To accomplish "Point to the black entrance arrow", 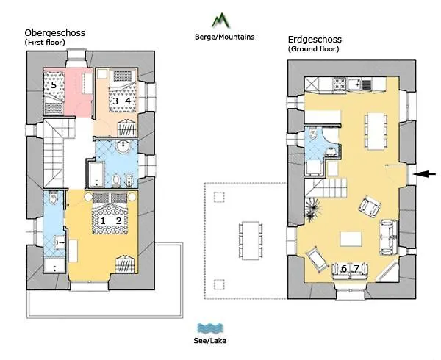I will (x=424, y=174).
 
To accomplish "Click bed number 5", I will (x=54, y=85).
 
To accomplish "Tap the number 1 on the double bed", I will (x=104, y=220).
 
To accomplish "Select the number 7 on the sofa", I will (x=356, y=269).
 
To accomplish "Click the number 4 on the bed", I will (x=127, y=101).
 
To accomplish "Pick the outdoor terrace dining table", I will (x=251, y=240).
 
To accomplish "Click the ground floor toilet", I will (x=313, y=137).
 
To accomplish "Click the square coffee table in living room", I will (x=351, y=238).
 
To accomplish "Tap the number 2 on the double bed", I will (x=118, y=220).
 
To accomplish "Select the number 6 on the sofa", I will (x=343, y=269).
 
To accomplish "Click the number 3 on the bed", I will (x=115, y=101).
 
